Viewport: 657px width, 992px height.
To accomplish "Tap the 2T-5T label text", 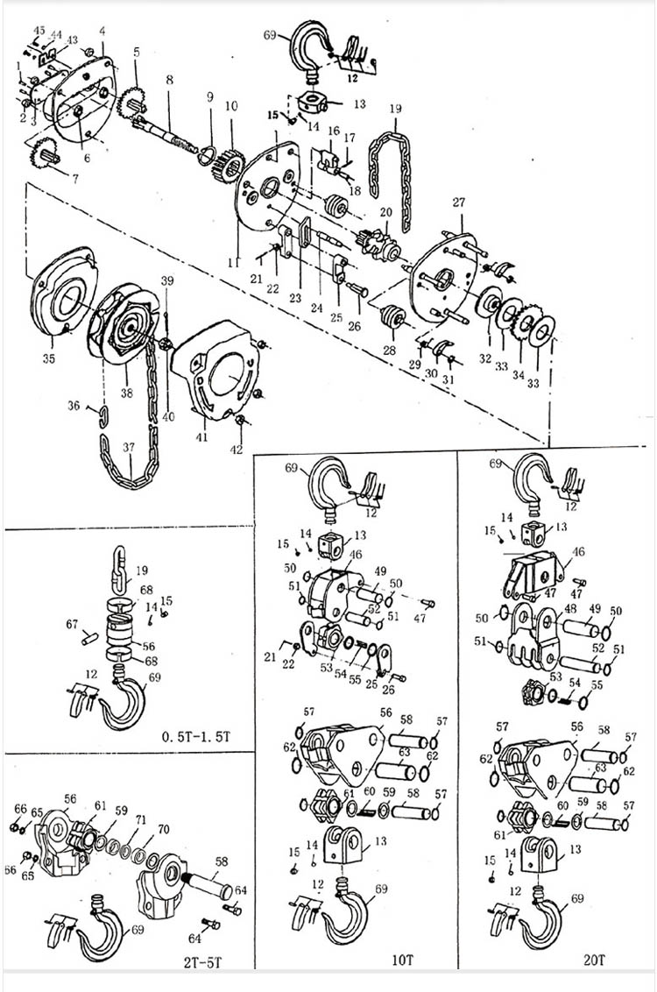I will tap(203, 962).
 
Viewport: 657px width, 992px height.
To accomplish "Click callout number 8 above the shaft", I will tap(169, 80).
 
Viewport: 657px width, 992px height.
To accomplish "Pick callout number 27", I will tap(457, 203).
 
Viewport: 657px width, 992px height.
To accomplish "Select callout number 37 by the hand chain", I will tap(130, 447).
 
